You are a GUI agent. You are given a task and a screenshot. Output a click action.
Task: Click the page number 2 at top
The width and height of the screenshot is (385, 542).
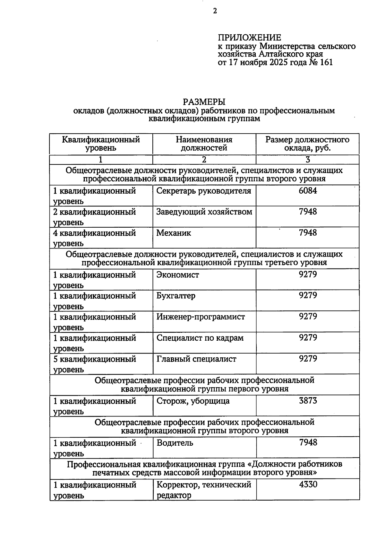point(215,11)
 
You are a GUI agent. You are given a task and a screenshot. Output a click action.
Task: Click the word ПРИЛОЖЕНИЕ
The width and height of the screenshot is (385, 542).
point(249,38)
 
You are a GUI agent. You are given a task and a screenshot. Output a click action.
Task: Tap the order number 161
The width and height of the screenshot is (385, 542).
point(326,62)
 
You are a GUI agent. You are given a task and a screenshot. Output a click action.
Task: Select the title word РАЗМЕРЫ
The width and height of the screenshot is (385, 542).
point(204,102)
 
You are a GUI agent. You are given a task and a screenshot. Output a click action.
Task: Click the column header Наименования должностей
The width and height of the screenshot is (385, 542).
point(204,144)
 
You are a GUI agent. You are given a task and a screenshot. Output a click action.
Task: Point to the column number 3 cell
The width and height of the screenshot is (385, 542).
point(307,160)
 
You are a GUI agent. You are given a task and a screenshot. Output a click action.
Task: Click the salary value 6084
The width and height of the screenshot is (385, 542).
point(308,191)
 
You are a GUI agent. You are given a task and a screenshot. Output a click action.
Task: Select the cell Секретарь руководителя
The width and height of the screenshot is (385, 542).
point(204,191)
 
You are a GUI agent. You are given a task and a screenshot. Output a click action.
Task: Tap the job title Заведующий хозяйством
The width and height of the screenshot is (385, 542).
point(204,212)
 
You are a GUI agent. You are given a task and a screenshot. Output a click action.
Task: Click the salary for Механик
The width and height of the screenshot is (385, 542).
point(308,233)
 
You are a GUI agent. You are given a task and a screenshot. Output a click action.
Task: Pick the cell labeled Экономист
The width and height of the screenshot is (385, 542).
point(178,275)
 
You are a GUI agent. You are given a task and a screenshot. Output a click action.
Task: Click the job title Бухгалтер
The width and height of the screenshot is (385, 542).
point(176,296)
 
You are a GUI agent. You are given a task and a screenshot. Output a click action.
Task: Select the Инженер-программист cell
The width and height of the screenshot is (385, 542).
point(201,317)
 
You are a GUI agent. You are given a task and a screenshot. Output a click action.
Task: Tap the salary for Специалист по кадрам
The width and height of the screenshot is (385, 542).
point(308,338)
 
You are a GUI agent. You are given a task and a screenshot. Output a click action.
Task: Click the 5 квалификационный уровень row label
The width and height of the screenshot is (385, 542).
point(95,364)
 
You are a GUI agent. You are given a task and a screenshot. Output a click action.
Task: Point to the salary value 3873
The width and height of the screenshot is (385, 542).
point(308,401)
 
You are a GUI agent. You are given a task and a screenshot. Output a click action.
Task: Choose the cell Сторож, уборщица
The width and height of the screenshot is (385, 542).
point(193,401)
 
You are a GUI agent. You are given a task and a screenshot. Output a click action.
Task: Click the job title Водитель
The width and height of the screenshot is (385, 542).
point(175,443)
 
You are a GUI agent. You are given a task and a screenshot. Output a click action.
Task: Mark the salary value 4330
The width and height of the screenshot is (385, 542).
point(308,485)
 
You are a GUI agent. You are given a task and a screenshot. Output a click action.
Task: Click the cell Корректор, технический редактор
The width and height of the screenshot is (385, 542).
point(204,490)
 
